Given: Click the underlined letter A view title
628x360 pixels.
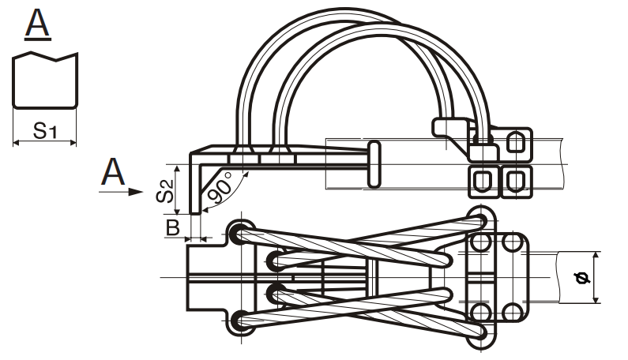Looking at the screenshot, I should click(38, 25).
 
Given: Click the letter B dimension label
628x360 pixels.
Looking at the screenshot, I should click(172, 227).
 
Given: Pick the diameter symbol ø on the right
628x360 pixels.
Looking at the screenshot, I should click(583, 277).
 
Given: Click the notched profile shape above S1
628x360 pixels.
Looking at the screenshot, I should click(46, 80).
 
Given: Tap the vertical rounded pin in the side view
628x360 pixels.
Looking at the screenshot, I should click(374, 164).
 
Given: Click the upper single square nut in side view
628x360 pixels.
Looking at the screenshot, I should click(514, 143).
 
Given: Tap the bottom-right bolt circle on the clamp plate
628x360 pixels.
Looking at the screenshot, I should click(512, 310).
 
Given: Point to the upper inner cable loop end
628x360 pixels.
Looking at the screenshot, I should click(273, 260).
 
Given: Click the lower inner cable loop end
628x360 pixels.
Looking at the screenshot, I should click(273, 294).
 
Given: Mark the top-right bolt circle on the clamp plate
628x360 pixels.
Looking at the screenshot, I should click(512, 242).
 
